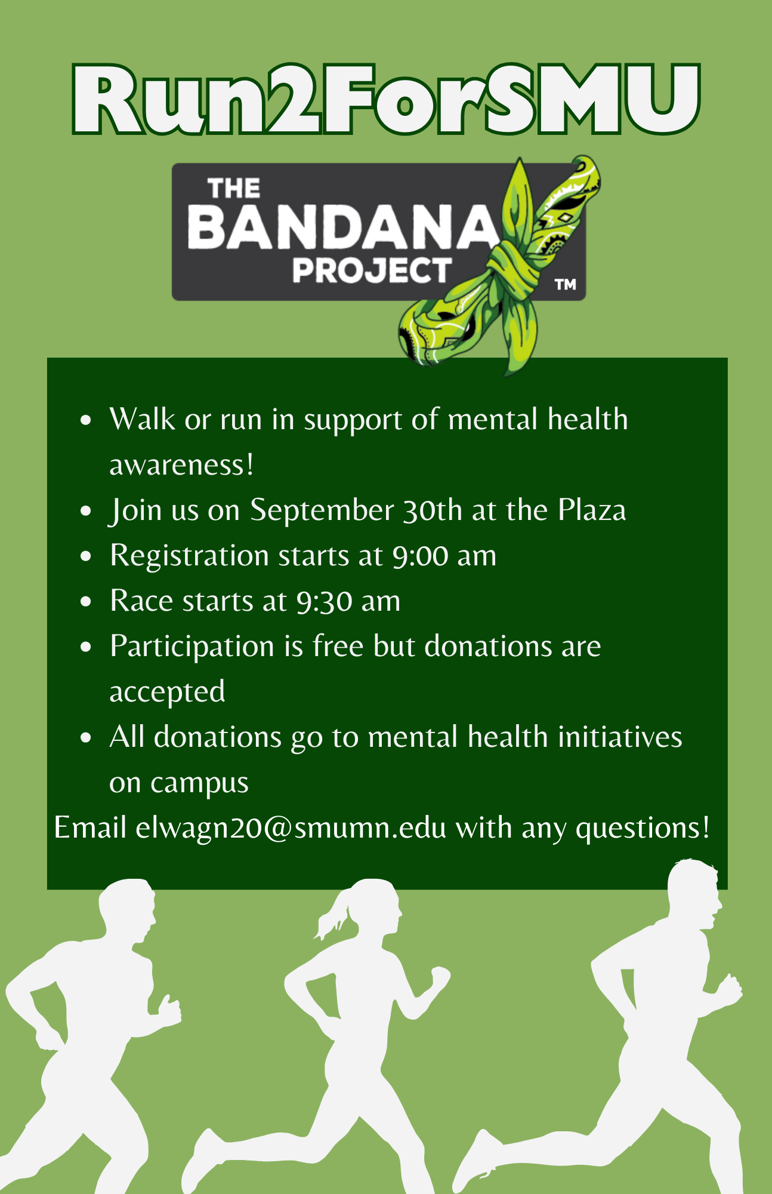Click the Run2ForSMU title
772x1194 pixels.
(386, 99)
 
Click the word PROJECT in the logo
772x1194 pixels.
(372, 270)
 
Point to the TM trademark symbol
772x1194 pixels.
(566, 285)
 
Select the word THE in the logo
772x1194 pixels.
(234, 189)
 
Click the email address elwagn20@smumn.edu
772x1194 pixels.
(291, 828)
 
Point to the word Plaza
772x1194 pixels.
(592, 510)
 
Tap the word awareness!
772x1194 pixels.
(182, 466)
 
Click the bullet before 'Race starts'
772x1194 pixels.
(87, 601)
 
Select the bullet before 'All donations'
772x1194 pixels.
(87, 737)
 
